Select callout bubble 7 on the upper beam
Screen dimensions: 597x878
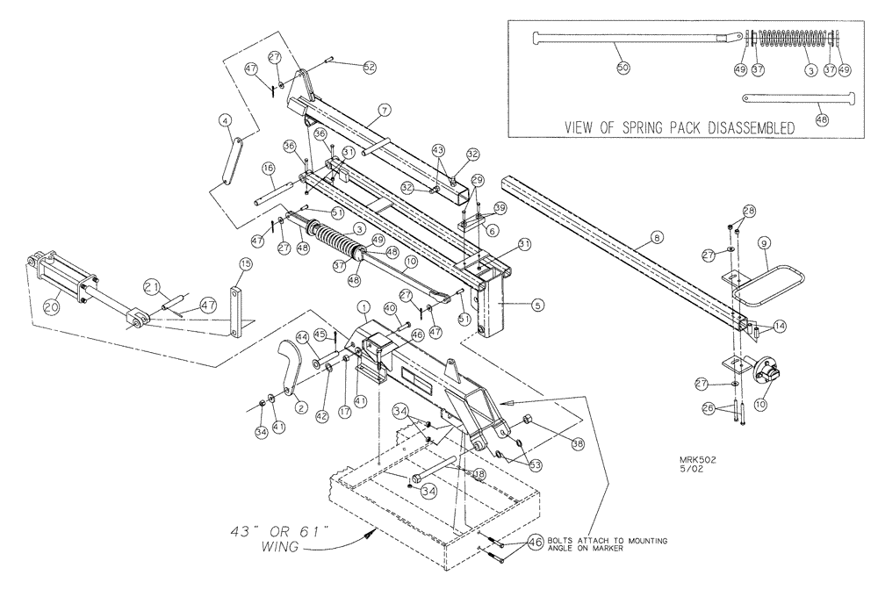click(384, 111)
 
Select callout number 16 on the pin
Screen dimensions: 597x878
click(269, 167)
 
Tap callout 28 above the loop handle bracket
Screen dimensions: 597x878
click(749, 211)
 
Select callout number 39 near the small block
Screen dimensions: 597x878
click(500, 208)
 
